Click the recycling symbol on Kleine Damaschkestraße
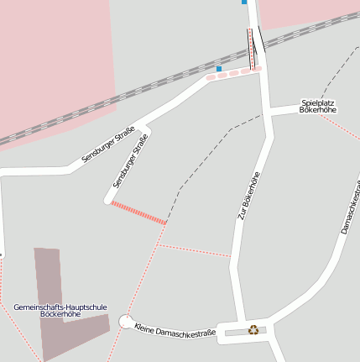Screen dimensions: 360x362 coord(253,329)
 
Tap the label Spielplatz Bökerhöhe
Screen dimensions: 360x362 coord(318,107)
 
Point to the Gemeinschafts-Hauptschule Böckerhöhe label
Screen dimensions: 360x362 coord(60,310)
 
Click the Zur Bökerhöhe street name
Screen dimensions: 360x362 coord(248,196)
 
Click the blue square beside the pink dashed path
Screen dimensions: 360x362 coord(219,68)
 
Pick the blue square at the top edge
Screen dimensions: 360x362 coord(244,2)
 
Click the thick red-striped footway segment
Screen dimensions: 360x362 coord(138,212)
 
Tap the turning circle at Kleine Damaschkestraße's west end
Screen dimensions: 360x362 coord(126,322)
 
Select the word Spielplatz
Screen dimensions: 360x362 coord(318,102)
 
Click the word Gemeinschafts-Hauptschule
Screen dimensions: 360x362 coord(60,307)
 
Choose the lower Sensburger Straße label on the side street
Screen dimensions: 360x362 coord(130,160)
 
